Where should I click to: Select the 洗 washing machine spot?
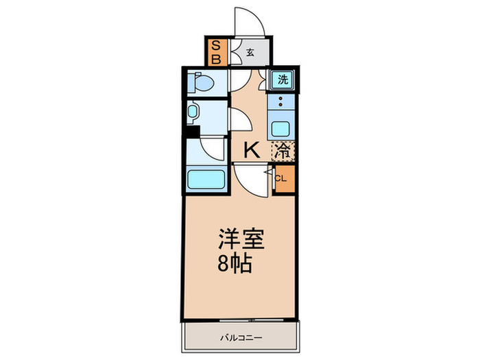(282, 80)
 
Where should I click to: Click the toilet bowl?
(203, 83)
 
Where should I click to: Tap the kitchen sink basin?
(280, 129)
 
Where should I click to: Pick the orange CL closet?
(283, 180)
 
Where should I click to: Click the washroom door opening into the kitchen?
(239, 119)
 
